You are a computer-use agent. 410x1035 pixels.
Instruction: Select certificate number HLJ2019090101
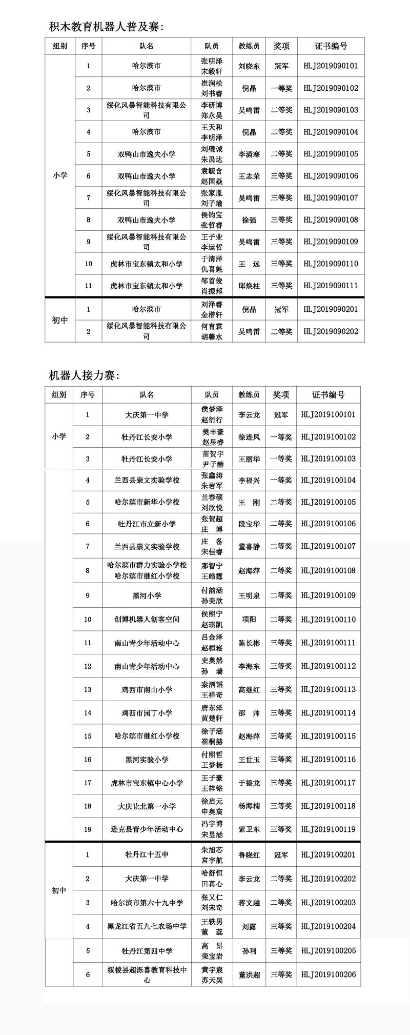click(331, 66)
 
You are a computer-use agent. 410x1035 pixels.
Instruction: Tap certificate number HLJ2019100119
click(328, 829)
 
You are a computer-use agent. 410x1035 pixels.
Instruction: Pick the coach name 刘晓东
click(249, 66)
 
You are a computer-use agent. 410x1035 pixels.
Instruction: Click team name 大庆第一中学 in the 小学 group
click(147, 415)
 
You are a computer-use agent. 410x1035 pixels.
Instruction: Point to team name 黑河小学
click(147, 595)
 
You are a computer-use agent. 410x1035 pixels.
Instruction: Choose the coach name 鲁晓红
click(249, 855)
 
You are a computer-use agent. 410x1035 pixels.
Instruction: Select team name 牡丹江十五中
click(147, 855)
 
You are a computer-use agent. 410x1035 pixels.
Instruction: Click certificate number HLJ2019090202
click(331, 331)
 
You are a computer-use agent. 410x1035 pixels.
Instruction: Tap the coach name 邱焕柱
click(249, 286)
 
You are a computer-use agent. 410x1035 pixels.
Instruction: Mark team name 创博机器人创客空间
click(147, 619)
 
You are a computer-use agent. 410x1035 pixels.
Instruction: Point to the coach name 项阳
click(249, 619)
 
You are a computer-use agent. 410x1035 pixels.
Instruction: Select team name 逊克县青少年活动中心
click(147, 829)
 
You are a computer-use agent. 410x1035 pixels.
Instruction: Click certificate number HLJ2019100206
click(328, 974)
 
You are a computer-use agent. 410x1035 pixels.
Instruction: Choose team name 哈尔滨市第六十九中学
click(147, 903)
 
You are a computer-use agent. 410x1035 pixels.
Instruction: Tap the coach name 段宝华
click(249, 524)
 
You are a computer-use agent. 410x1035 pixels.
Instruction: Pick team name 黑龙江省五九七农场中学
click(147, 926)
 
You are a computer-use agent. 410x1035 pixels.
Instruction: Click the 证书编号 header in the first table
click(331, 46)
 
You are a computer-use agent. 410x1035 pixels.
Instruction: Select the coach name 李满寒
click(249, 154)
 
